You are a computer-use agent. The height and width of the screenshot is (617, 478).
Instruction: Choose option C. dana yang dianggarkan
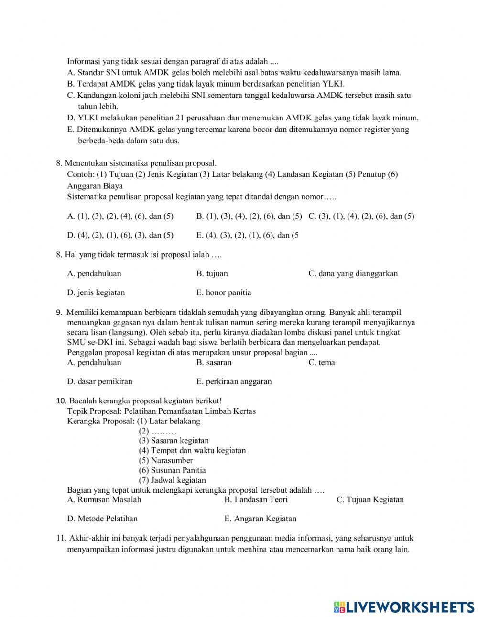(353, 273)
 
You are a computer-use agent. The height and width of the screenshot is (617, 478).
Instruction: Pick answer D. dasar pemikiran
(100, 381)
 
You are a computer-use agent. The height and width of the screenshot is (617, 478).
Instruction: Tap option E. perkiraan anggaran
(234, 381)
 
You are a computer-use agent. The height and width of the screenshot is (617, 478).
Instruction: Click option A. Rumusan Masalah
(104, 499)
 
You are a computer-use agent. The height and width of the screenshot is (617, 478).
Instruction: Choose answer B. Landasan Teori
(256, 499)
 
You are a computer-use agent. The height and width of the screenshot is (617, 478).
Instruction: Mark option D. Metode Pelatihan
(102, 519)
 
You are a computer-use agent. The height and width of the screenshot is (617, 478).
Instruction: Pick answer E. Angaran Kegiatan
(260, 519)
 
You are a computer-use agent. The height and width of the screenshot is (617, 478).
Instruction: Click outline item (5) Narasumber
(166, 460)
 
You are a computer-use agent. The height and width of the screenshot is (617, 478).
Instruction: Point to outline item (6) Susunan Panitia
(172, 470)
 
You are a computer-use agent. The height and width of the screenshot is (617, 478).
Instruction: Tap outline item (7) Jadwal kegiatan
(172, 480)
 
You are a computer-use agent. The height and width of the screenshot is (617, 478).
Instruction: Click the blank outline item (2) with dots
(158, 431)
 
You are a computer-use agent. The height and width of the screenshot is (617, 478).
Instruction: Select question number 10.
(61, 401)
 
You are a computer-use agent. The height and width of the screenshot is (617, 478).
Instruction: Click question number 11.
(61, 538)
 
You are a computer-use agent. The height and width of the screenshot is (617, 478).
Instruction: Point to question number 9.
(59, 313)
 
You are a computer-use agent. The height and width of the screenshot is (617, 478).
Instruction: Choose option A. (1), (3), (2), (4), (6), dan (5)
(120, 216)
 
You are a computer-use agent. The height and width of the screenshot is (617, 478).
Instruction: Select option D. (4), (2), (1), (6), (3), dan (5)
(120, 235)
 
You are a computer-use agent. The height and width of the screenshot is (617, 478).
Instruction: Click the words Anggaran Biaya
(95, 186)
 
